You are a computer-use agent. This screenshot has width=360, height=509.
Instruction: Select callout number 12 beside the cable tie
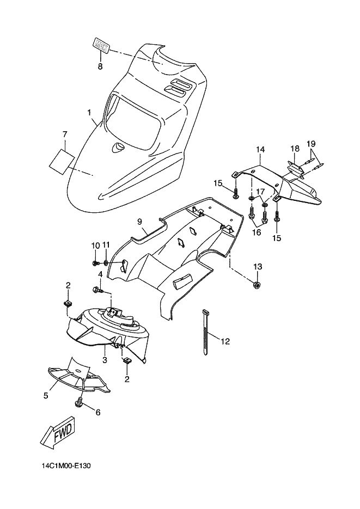click(225, 341)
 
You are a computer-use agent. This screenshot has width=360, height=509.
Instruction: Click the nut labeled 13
click(256, 285)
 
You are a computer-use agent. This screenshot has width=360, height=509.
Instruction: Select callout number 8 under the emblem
click(100, 66)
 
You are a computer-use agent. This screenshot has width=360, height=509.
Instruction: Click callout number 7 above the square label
click(65, 134)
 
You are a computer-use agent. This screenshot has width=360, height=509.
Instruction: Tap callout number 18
click(295, 148)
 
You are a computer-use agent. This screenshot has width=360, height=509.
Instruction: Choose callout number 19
click(312, 143)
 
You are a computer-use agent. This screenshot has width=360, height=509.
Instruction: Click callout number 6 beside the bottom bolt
click(98, 413)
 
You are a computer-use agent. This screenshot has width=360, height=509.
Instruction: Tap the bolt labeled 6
click(80, 403)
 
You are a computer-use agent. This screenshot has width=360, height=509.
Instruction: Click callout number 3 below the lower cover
click(105, 360)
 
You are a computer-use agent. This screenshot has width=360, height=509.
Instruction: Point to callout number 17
click(260, 192)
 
